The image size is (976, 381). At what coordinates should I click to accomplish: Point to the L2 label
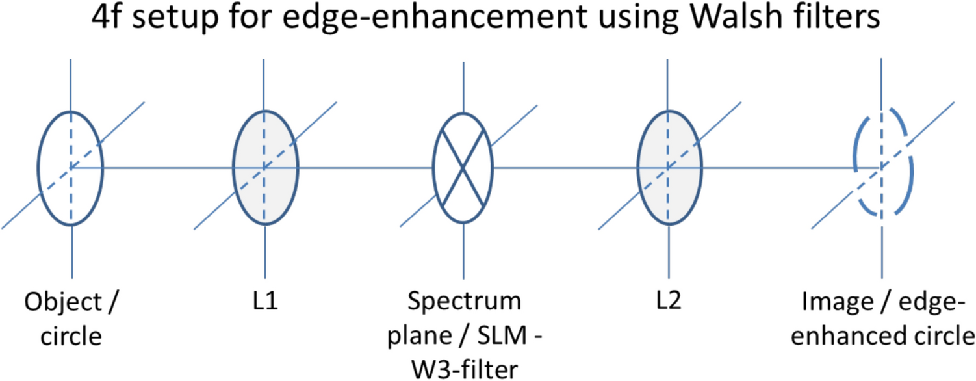point(669,303)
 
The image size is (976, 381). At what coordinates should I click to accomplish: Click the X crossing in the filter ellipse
point(462,168)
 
